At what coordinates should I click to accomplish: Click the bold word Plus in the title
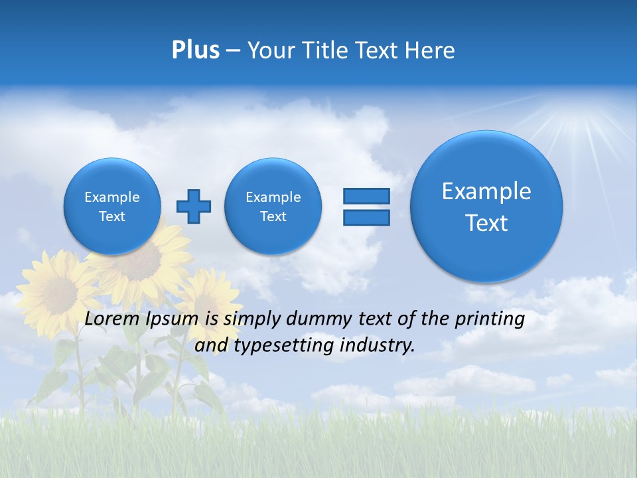[x=195, y=50]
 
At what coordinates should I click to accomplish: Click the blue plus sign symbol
[x=194, y=206]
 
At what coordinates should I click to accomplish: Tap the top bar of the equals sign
[x=366, y=197]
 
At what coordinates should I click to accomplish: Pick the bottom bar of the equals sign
[x=366, y=217]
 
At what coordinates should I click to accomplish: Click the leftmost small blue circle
[x=112, y=206]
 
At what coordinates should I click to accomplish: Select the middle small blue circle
[x=273, y=206]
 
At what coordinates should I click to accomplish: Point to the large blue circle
[x=486, y=206]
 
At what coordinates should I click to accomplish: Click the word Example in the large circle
[x=486, y=191]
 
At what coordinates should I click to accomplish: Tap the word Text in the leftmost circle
[x=112, y=216]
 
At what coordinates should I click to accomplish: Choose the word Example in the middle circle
[x=273, y=197]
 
